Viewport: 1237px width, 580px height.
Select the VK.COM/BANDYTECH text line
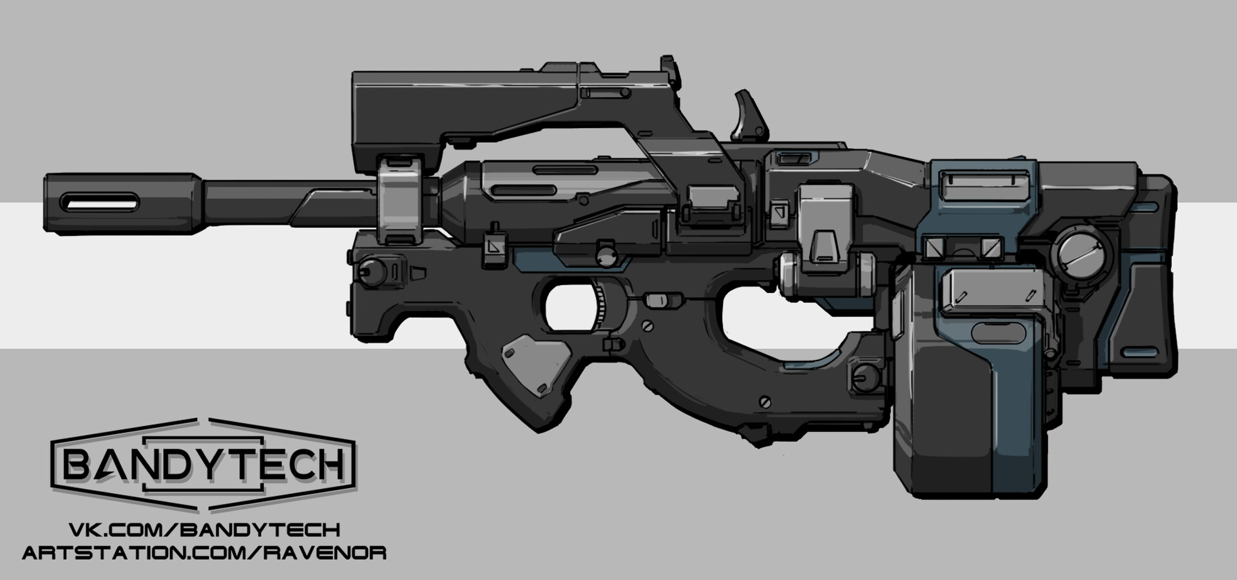click(204, 530)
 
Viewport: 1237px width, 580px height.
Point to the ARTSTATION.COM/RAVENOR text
click(204, 552)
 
